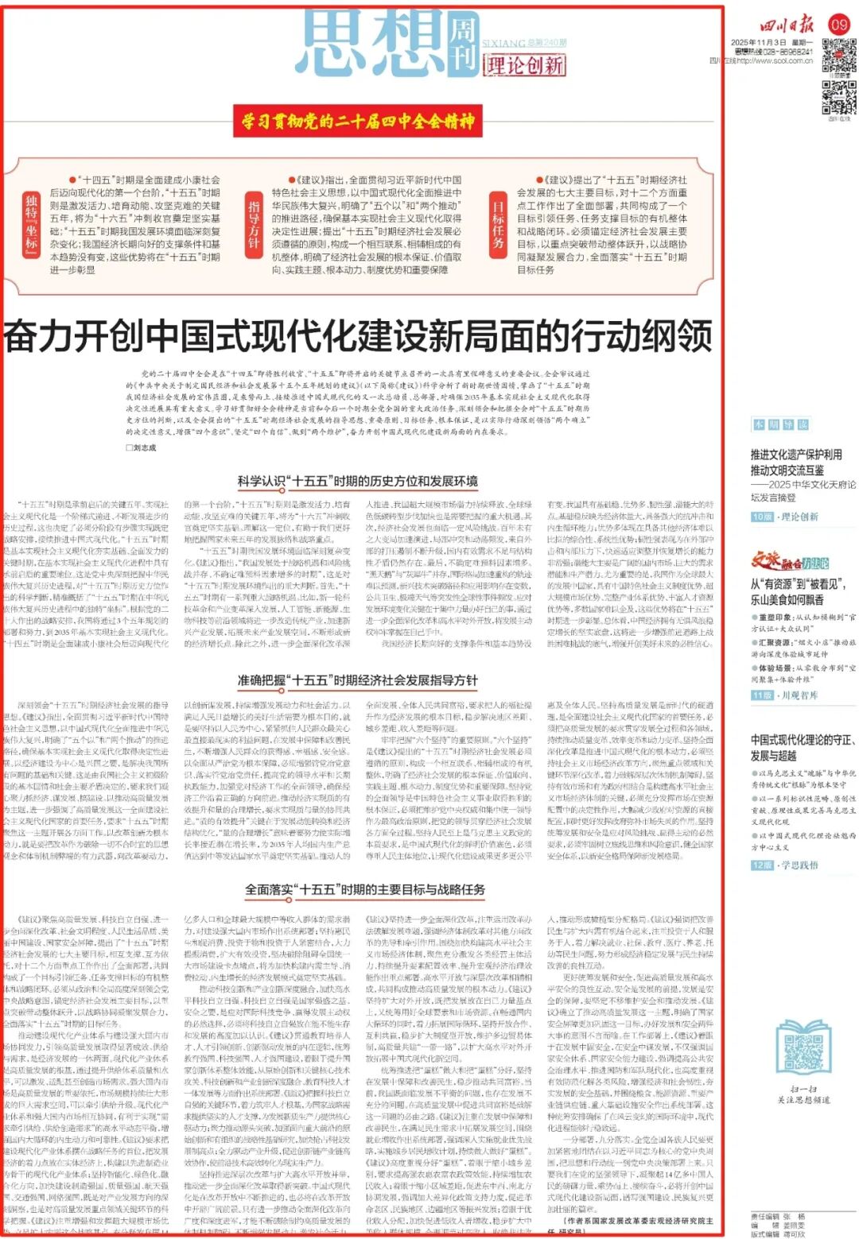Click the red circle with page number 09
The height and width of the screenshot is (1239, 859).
839,24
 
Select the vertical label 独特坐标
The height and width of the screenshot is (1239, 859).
31,222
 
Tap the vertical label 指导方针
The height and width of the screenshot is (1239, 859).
254,222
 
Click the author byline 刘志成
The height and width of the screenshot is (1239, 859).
144,447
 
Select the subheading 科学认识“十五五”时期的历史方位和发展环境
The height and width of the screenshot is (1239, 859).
357,481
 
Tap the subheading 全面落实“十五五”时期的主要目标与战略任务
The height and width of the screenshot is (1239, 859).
364,889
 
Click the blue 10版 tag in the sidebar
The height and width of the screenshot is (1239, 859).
762,517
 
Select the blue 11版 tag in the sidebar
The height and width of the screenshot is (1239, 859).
762,695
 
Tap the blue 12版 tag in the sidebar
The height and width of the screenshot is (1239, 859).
762,865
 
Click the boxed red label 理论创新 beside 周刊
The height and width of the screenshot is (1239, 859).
524,64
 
